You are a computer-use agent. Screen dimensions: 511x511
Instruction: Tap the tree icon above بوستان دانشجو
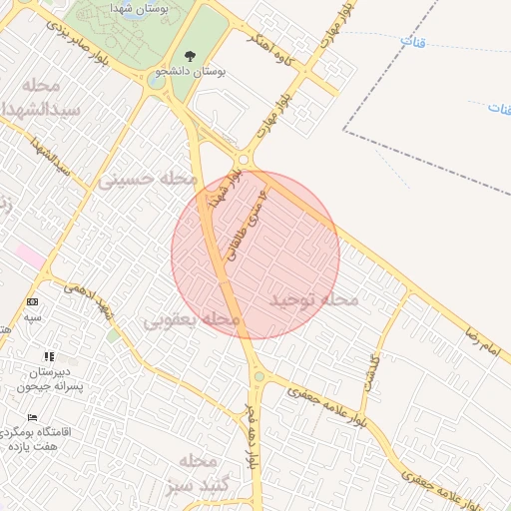point(191,56)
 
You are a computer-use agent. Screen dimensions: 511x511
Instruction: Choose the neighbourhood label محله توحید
point(313,298)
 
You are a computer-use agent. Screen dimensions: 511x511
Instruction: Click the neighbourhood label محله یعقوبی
point(192,320)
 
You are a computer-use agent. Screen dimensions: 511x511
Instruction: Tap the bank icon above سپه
point(33,301)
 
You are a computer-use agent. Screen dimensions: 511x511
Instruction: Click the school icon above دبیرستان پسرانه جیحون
point(47,356)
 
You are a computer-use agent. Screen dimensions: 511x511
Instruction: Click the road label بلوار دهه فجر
point(253,439)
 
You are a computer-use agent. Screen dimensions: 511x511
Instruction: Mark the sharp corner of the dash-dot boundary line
point(345,130)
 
